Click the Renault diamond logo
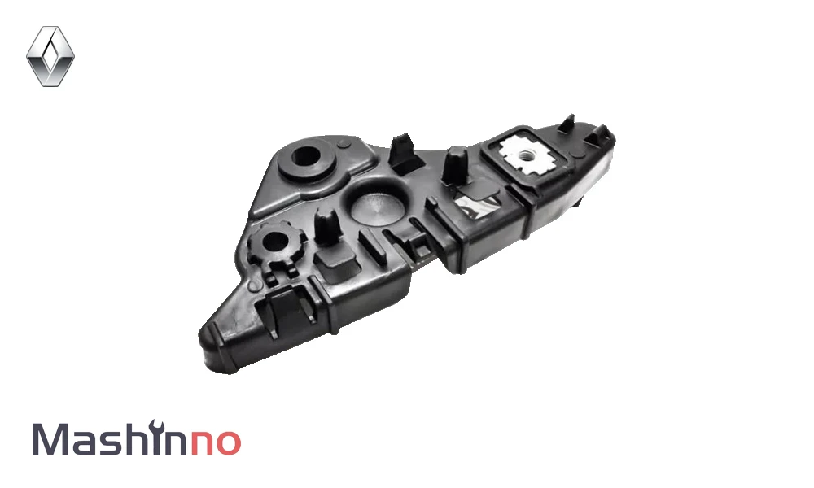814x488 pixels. tap(50, 56)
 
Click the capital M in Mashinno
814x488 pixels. tap(51, 439)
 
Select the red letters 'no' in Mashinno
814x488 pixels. tap(216, 443)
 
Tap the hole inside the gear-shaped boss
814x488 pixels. tap(276, 242)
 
